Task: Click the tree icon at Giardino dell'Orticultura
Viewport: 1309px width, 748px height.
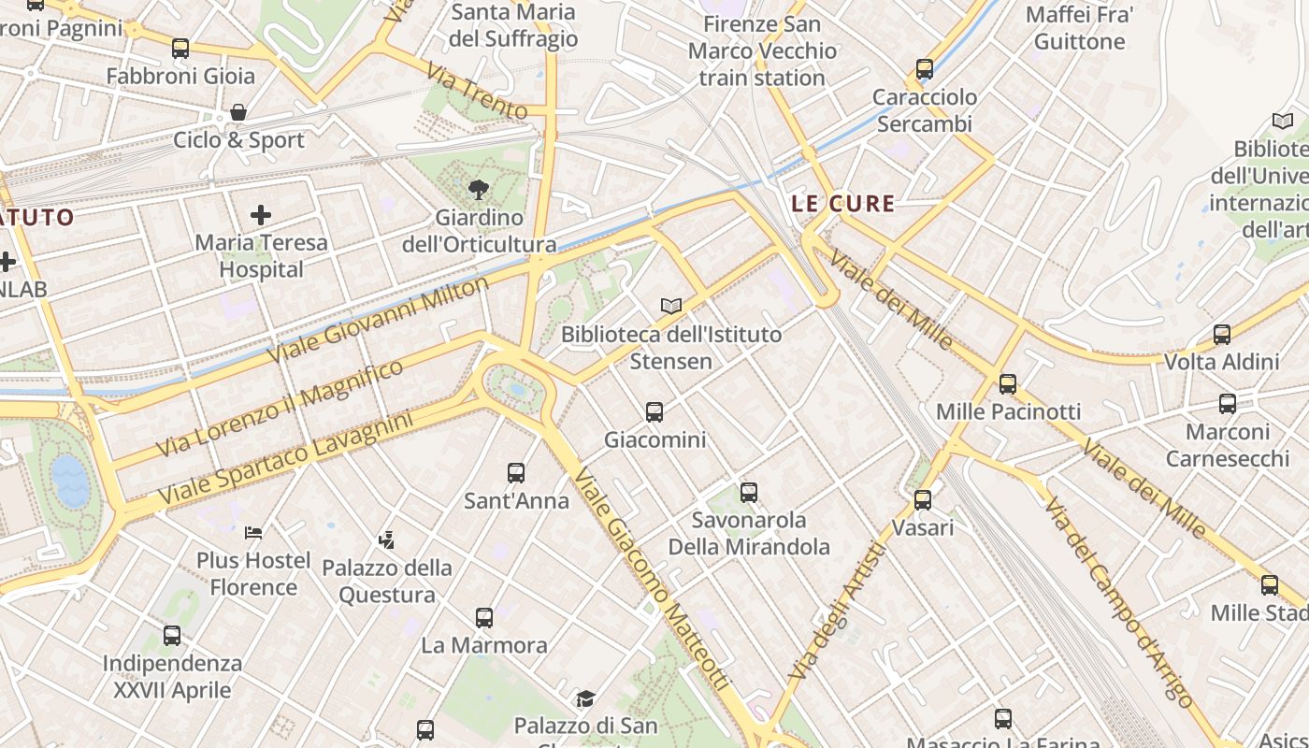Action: coord(479,189)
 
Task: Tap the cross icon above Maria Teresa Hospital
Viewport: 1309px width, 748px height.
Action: coord(261,215)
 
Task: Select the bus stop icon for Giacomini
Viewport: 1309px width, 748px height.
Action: coord(654,411)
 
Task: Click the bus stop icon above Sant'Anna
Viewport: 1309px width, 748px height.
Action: coord(516,473)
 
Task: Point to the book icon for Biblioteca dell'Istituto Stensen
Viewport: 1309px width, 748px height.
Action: coord(671,306)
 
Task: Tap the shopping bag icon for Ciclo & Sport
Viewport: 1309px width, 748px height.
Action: coord(239,112)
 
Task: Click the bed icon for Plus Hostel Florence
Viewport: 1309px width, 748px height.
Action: coord(253,533)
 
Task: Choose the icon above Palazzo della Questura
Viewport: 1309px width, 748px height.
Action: coord(386,539)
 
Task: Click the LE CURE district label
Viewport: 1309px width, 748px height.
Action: coord(842,204)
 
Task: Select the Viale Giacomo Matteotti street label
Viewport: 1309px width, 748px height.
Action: coord(651,580)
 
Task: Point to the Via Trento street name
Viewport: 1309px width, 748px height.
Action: coord(476,91)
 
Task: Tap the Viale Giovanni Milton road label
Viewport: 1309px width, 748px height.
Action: coord(378,321)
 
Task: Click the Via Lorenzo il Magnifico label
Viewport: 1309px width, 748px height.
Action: coord(280,409)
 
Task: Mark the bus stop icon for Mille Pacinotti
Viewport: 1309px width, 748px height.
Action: coord(1007,383)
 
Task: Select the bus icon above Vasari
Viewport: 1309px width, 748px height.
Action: coord(923,500)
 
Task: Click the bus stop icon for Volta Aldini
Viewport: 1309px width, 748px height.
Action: coord(1221,335)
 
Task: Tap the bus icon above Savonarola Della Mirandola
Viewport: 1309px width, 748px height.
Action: coord(748,492)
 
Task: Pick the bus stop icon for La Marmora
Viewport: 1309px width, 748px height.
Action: coord(483,618)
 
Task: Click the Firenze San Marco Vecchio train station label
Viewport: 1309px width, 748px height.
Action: coord(762,50)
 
